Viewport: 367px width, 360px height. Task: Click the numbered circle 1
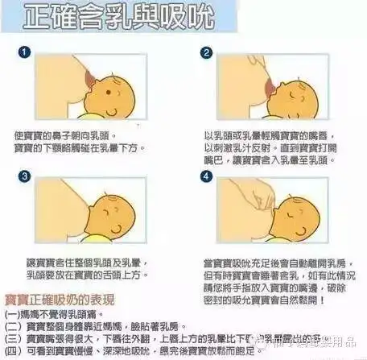(x=25, y=52)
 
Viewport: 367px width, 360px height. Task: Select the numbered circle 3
(x=25, y=176)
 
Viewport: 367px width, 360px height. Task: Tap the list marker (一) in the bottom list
(x=13, y=313)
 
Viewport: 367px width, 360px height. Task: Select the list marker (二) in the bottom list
(x=13, y=326)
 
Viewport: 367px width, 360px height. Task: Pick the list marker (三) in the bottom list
(x=13, y=339)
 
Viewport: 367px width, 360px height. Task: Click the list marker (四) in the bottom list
(x=13, y=352)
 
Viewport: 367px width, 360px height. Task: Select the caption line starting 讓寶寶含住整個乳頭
(x=82, y=263)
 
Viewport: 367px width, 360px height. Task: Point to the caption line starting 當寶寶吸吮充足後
(x=269, y=263)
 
